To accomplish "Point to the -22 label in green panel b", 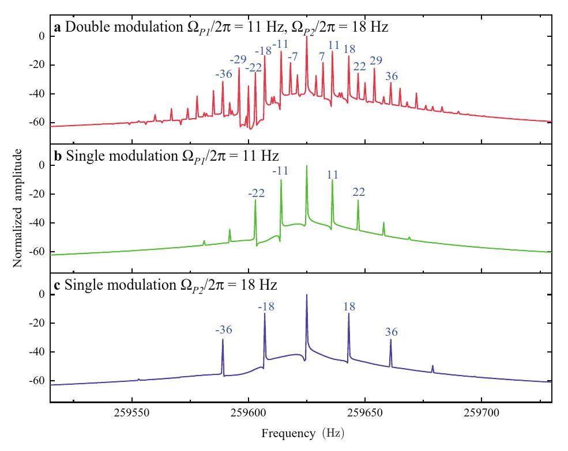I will click(x=256, y=193).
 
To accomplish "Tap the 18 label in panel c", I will click(x=348, y=307).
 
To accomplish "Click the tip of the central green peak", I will click(x=307, y=166).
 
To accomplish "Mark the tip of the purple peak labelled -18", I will click(x=265, y=313).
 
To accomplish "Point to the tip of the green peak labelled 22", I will click(x=358, y=200).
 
